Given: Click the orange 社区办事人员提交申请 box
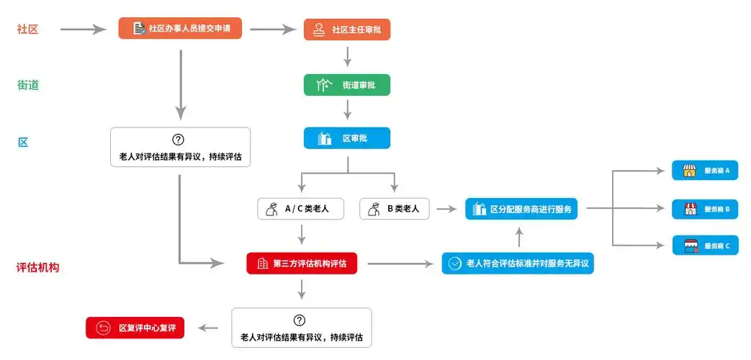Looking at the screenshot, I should [x=179, y=29].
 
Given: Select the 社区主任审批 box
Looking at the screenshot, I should [x=347, y=30].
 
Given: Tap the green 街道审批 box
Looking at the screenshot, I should [x=347, y=85].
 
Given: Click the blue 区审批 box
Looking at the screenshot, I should [x=347, y=138].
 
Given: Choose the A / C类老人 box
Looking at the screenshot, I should [x=301, y=209].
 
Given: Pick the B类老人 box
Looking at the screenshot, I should [x=395, y=209].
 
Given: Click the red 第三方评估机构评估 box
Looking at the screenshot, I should [x=302, y=264].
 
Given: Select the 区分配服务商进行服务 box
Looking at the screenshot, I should [x=521, y=209].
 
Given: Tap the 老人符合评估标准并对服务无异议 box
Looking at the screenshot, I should [x=518, y=264].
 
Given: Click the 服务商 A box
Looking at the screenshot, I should [x=705, y=171].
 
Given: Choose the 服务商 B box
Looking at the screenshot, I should [x=705, y=210].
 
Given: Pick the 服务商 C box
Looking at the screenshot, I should [x=705, y=246].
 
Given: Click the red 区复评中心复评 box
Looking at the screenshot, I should [x=135, y=328].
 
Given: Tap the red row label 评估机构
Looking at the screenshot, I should [x=37, y=267].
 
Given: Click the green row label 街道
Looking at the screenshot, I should [x=28, y=85].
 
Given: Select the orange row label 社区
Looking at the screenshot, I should [x=28, y=30].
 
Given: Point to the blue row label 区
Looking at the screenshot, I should [x=23, y=142].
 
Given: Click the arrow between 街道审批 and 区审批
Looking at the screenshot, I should [x=347, y=109].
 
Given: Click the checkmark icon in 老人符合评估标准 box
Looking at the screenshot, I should [x=454, y=264].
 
